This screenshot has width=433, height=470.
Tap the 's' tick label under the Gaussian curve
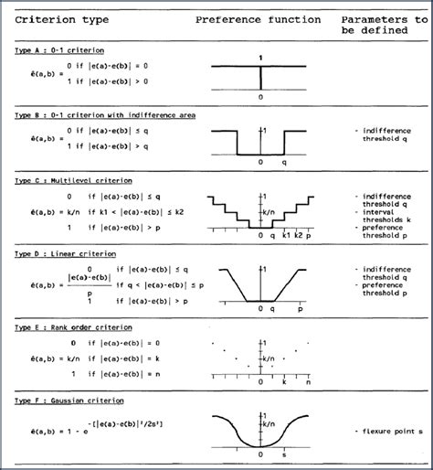click(289, 454)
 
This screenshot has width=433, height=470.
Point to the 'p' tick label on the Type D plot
click(297, 309)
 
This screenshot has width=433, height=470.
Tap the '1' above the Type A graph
click(260, 59)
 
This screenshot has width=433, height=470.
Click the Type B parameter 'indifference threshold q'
click(385, 136)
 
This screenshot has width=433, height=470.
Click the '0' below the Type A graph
click(260, 96)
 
